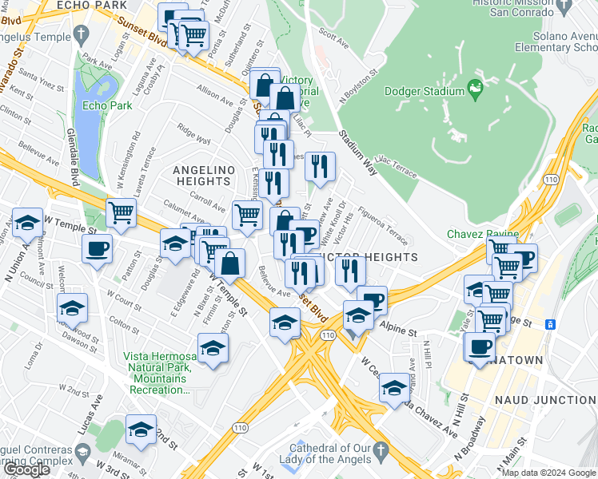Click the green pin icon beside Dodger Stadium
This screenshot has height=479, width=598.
click(474, 92)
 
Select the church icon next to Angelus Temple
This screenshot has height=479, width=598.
click(80, 34)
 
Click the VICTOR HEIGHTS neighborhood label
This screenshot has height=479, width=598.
click(374, 257)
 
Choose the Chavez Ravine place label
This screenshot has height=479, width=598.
click(483, 234)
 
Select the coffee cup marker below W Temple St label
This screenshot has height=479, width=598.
click(97, 248)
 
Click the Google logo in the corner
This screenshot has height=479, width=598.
click(26, 469)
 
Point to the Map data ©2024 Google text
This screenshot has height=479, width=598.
click(548, 473)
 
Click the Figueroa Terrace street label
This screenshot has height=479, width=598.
click(384, 220)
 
